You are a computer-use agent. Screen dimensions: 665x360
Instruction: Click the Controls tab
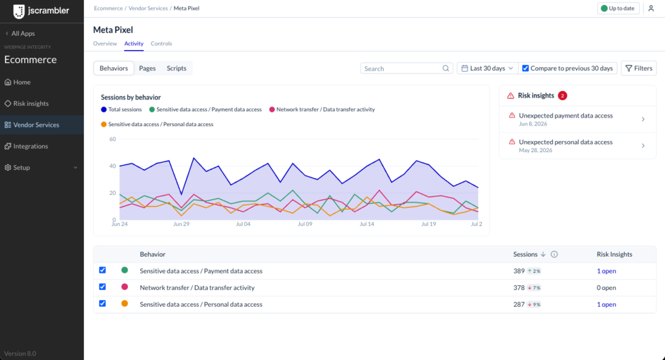coord(161,44)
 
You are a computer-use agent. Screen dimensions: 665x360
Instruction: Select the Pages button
coord(147,68)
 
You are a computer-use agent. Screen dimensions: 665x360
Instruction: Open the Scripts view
coord(177,68)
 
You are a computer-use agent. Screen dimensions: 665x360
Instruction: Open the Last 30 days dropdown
coord(487,68)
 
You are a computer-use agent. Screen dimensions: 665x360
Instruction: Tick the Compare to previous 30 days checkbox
coord(525,68)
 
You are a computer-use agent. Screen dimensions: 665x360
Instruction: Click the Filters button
coord(639,68)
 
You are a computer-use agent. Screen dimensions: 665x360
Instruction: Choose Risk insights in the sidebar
coord(31,103)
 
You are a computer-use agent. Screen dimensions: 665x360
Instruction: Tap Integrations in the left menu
coord(31,146)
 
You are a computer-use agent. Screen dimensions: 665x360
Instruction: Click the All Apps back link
coord(20,33)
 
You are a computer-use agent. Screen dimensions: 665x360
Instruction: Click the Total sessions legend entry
coord(121,110)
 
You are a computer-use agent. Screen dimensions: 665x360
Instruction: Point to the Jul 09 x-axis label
coord(305,224)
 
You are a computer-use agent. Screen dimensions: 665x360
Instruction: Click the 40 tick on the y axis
coord(112,166)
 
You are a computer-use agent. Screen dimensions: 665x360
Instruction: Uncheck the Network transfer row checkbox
coord(102,287)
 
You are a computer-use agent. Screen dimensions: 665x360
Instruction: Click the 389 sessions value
coord(519,271)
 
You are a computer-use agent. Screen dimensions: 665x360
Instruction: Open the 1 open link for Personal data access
coord(607,304)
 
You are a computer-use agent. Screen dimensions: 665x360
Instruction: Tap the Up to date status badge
coord(618,8)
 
